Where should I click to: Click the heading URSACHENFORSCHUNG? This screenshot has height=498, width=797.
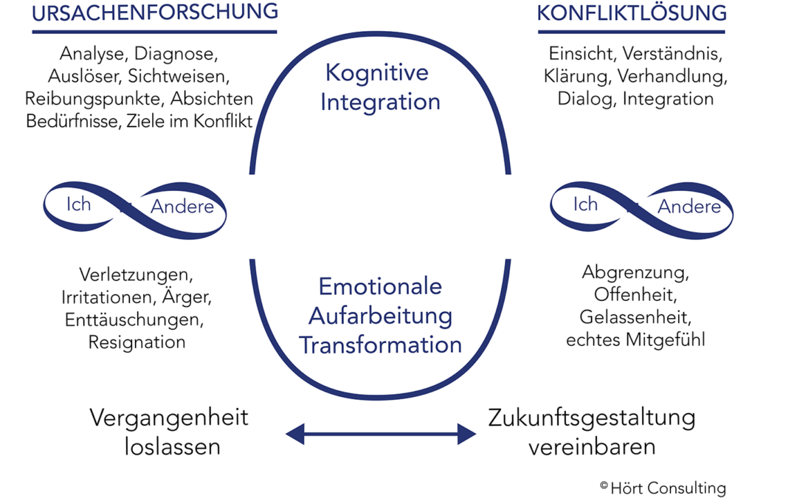[155, 12]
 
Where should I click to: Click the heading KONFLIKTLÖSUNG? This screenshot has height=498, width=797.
[631, 13]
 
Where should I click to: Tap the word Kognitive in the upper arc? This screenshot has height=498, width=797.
[377, 73]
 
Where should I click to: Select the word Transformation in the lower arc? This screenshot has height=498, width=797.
[380, 345]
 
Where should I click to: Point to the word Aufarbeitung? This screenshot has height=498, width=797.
[380, 316]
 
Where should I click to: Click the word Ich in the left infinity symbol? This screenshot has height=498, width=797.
[78, 203]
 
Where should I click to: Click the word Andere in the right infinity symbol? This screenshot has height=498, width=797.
[689, 207]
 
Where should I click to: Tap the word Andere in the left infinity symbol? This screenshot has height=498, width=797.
[182, 207]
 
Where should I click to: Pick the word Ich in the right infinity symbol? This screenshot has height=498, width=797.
[585, 203]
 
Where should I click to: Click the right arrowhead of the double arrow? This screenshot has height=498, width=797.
[466, 434]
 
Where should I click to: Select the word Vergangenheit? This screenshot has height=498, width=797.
[169, 418]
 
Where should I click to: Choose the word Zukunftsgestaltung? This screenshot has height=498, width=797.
[592, 418]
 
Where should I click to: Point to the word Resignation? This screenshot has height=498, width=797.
[137, 342]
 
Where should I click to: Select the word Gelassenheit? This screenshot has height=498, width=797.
[635, 318]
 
